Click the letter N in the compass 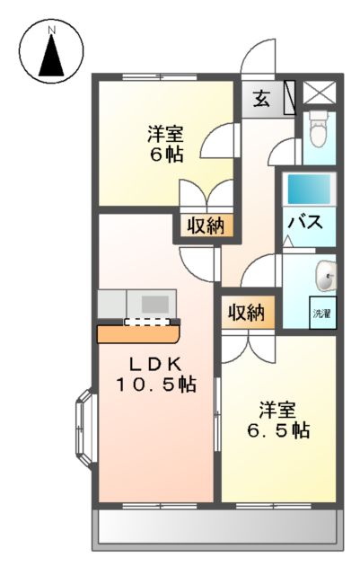[x=51, y=30]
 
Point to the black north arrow [x=51, y=57]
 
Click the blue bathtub [x=308, y=190]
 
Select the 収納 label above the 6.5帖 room [x=245, y=313]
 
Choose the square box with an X [x=319, y=94]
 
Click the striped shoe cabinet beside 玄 [x=289, y=97]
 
